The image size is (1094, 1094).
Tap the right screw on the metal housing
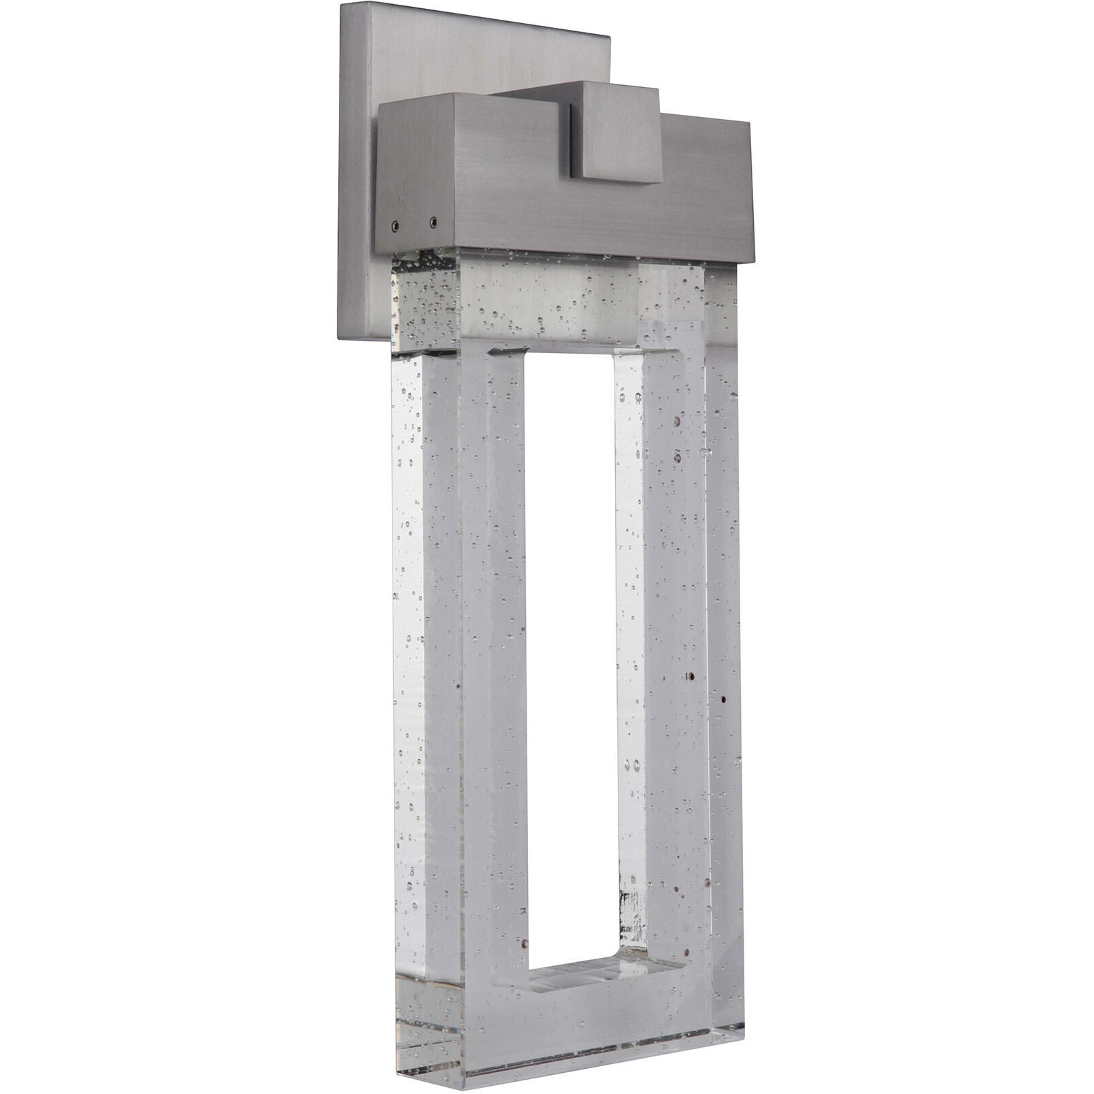433,220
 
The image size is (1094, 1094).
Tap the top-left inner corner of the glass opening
527,354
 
